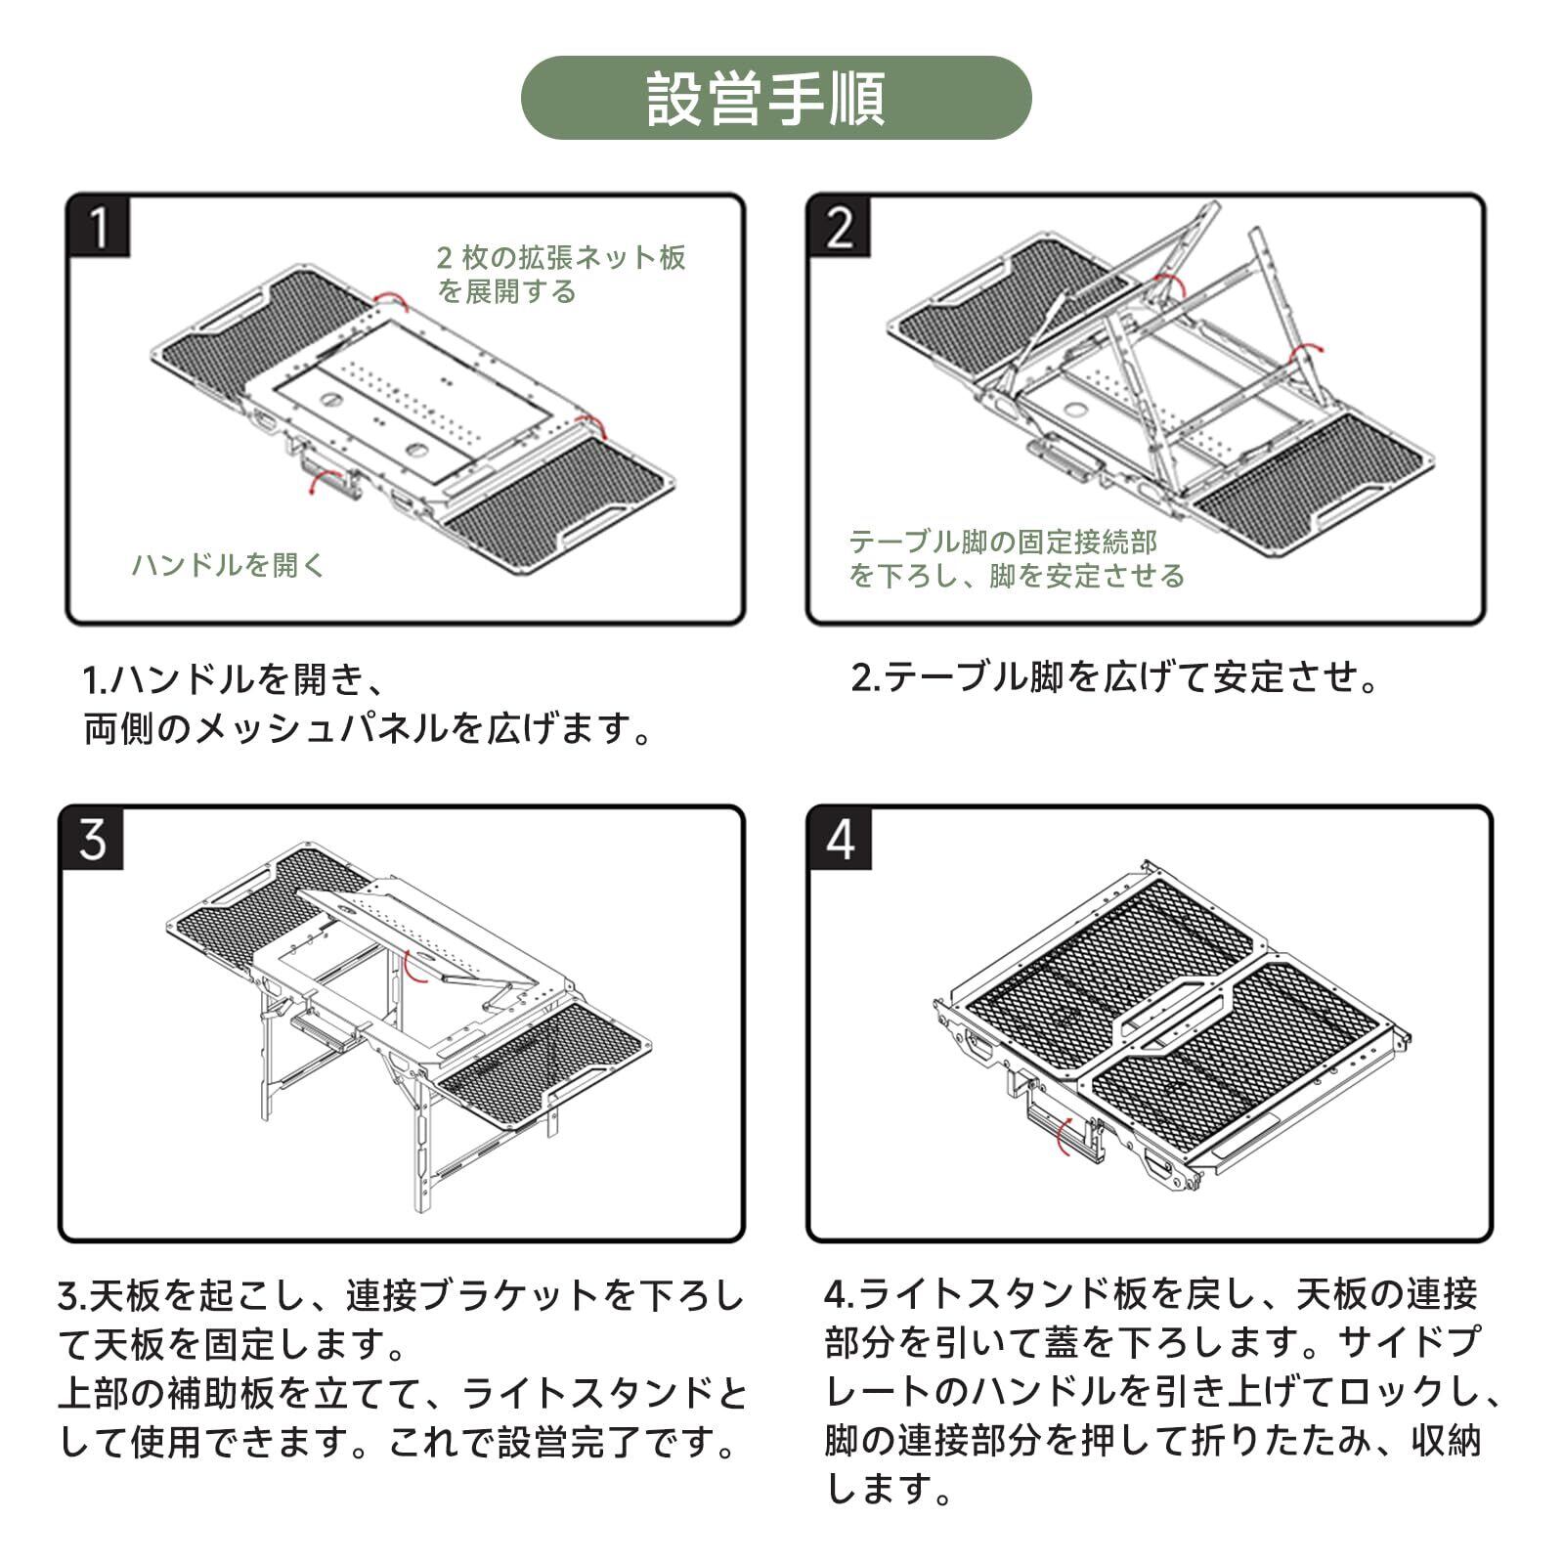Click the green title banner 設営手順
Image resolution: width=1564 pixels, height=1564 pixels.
[x=775, y=98]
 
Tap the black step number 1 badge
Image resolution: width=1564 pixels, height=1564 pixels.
[x=99, y=228]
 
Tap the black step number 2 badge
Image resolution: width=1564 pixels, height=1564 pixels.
[x=839, y=228]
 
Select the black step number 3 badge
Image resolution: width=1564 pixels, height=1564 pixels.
[x=93, y=839]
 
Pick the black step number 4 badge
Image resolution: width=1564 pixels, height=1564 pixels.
[x=839, y=839]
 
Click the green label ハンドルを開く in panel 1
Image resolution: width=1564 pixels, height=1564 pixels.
[x=228, y=565]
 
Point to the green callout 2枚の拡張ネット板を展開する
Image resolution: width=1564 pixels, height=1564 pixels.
[x=560, y=274]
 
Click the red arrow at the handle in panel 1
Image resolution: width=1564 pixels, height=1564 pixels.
[x=315, y=481]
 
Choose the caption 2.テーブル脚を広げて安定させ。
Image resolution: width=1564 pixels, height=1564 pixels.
[x=1114, y=676]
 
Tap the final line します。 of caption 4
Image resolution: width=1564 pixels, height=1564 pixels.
[x=890, y=1490]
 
